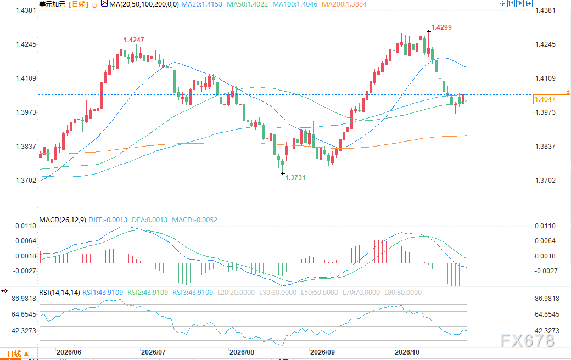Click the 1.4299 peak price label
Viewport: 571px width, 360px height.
tap(441, 27)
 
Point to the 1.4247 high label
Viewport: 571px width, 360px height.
tap(133, 40)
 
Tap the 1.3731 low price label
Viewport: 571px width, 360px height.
tap(295, 178)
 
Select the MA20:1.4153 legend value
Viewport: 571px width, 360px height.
tap(201, 4)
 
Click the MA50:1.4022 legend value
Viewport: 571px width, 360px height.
tap(247, 4)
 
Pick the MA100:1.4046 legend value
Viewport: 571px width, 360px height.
tap(295, 4)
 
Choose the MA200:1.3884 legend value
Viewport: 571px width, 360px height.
tap(344, 4)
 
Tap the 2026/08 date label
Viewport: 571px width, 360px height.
tap(242, 352)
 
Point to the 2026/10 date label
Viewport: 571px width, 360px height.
tap(407, 352)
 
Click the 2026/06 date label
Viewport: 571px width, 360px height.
tap(69, 352)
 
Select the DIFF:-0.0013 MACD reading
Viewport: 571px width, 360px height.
tap(108, 220)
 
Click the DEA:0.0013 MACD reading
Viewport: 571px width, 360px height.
tap(150, 220)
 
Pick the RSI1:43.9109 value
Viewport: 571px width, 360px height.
tap(103, 292)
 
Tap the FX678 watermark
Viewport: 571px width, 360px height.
tap(528, 341)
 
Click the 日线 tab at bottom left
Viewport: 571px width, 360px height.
tap(15, 353)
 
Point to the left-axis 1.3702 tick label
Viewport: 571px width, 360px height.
tap(26, 181)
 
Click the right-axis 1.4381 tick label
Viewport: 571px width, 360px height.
tap(545, 10)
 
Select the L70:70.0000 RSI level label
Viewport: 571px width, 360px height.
tap(361, 292)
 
